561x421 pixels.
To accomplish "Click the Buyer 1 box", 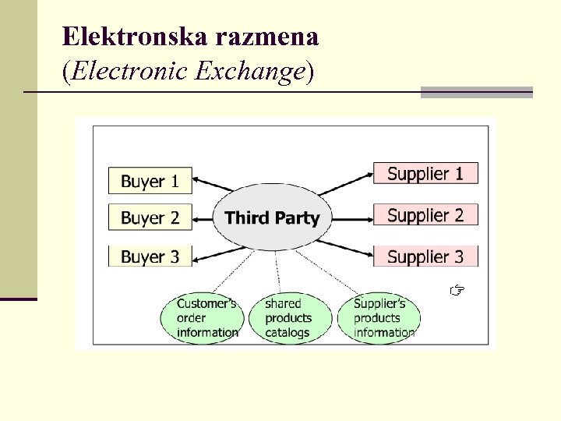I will [x=150, y=181].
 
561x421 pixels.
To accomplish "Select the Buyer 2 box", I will [x=150, y=218].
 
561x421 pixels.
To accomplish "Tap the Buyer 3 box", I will [x=150, y=256].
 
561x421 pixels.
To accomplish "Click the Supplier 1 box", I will [x=425, y=173].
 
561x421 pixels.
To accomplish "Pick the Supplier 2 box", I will [x=425, y=214].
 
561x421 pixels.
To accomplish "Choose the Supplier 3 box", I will [x=425, y=256].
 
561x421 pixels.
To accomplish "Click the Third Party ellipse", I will [x=272, y=218].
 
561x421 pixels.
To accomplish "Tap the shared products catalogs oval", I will [x=288, y=317].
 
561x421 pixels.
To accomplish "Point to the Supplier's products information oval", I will [x=379, y=317].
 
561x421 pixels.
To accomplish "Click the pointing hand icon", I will [x=457, y=292].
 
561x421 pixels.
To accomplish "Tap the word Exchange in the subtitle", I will [x=249, y=72].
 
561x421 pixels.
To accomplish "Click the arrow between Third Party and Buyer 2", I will [x=204, y=218].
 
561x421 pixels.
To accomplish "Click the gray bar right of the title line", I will [x=476, y=92].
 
